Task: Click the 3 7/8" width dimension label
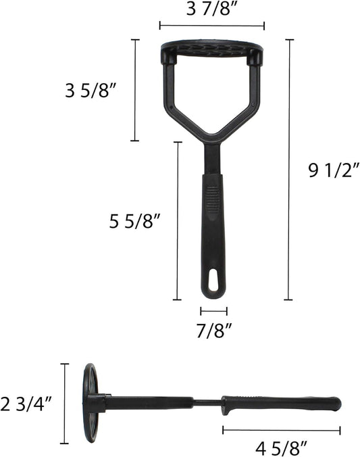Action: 211,10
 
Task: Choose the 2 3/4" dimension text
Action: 27,404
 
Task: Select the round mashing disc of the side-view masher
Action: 89,403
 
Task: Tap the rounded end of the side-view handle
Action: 336,404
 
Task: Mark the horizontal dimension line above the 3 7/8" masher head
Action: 211,26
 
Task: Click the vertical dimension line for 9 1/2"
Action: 289,169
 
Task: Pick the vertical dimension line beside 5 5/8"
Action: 178,220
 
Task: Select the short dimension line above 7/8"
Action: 213,312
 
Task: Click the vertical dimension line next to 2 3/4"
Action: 65,404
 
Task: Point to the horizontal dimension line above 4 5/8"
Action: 281,429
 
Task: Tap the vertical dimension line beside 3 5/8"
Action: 134,90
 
